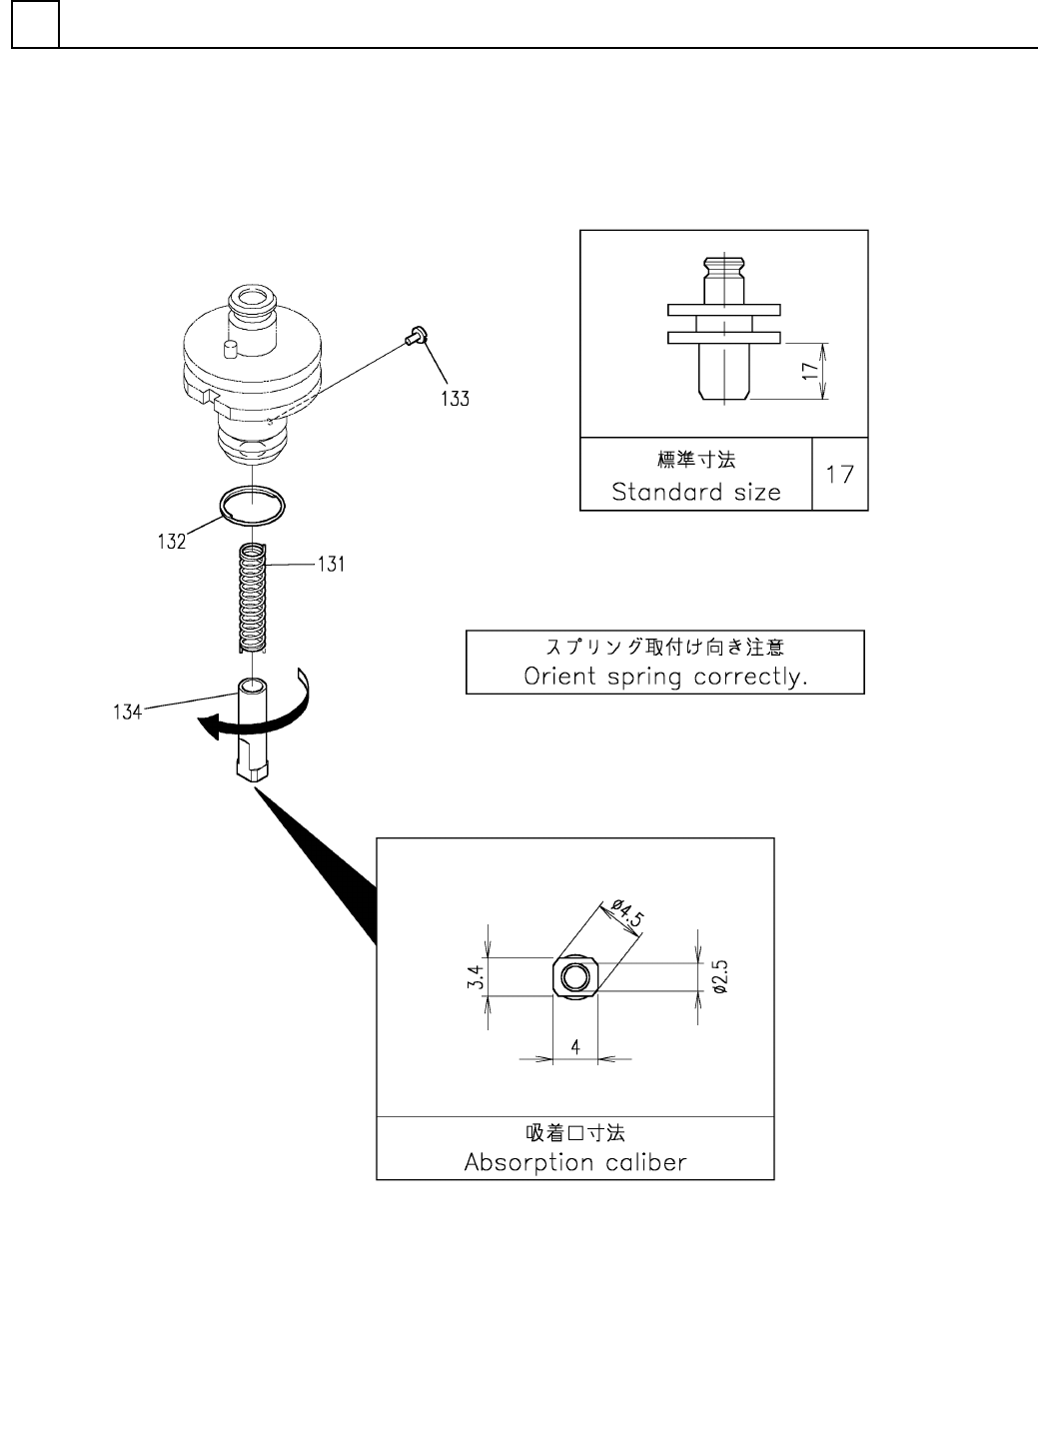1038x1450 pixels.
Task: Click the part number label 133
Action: (x=455, y=399)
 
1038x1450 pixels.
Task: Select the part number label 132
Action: (x=171, y=542)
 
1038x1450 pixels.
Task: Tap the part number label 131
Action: (x=331, y=565)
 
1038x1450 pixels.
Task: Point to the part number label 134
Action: (x=128, y=713)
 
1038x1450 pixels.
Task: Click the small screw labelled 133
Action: (x=415, y=338)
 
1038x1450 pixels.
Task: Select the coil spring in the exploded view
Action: (x=255, y=598)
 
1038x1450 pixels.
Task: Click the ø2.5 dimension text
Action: (x=720, y=976)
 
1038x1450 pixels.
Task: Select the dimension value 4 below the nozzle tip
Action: (x=575, y=1046)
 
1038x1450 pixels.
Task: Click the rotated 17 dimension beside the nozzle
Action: (x=809, y=371)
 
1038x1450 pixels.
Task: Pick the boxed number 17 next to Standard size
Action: (x=840, y=474)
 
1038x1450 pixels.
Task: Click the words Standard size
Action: (x=696, y=492)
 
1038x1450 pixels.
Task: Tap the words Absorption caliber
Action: (x=575, y=1162)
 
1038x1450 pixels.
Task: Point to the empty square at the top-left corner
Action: (x=35, y=24)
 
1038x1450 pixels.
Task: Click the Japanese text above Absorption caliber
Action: (x=575, y=1133)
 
